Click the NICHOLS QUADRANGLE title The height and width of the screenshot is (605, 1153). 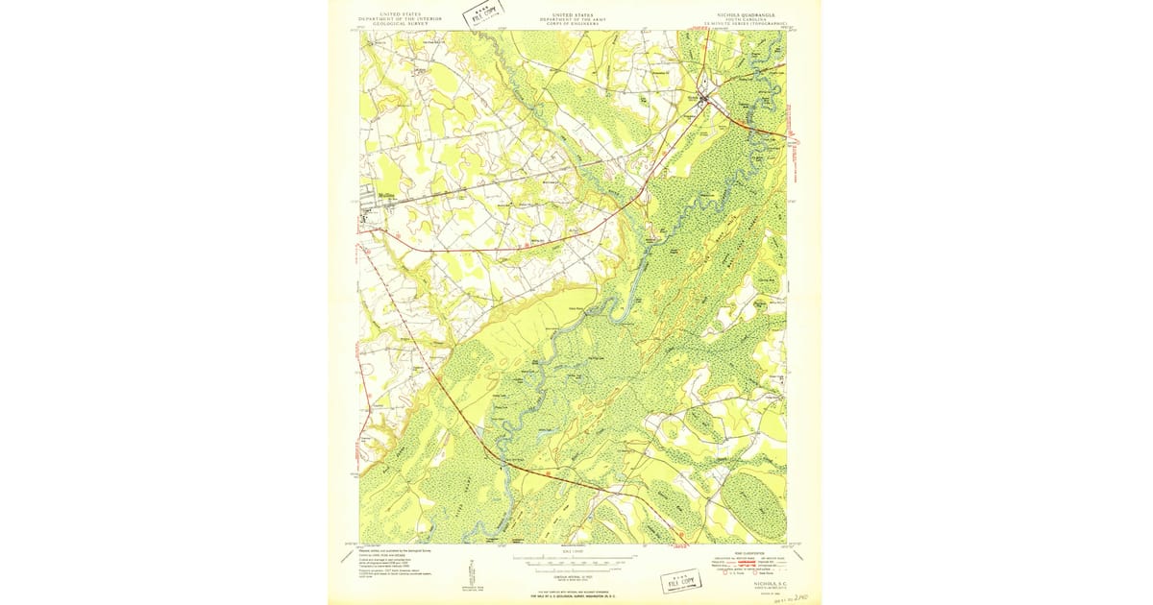tap(750, 15)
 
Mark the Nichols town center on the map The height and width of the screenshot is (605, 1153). tap(706, 97)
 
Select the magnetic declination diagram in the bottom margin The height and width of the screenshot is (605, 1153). tap(472, 569)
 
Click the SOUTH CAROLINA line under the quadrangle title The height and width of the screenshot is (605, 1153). tap(750, 19)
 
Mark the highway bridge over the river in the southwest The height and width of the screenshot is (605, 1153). tap(502, 462)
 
